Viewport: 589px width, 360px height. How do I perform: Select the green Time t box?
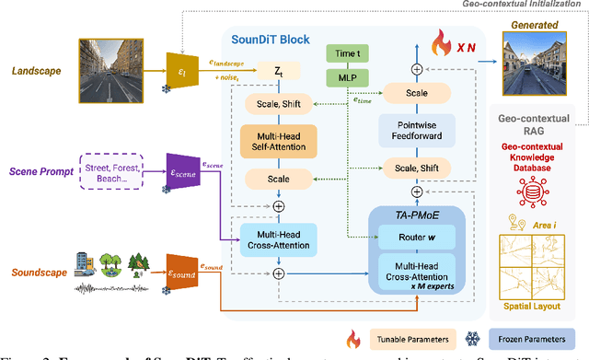coord(348,54)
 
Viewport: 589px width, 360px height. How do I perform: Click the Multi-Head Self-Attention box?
coord(279,143)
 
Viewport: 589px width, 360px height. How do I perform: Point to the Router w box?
coord(418,238)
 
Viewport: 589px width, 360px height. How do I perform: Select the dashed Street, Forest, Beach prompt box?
coord(119,173)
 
